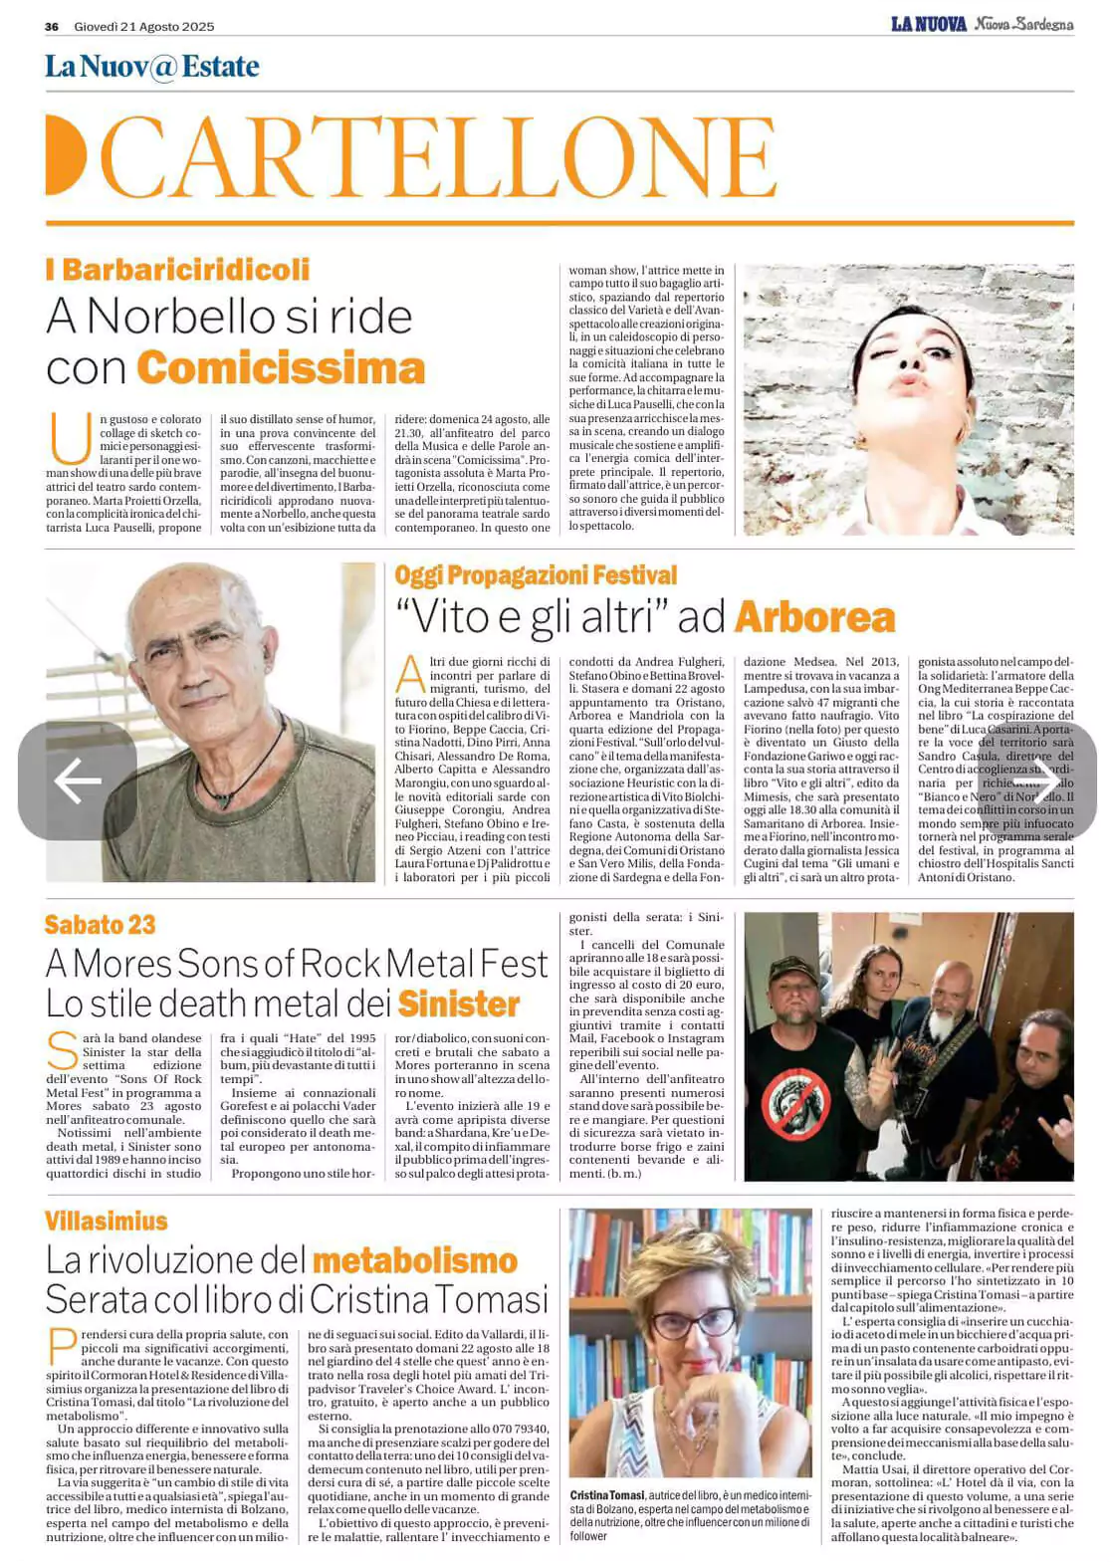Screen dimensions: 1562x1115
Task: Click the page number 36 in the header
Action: point(52,26)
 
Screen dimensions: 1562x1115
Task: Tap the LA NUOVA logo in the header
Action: point(928,24)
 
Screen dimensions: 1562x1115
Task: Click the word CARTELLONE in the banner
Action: point(438,157)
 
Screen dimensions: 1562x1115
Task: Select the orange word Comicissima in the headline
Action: point(281,368)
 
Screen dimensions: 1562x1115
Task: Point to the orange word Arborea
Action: point(814,617)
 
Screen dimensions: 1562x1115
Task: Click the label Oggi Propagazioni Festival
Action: point(535,575)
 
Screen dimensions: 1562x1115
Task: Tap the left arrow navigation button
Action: point(77,781)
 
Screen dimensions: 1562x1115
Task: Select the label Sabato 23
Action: point(100,925)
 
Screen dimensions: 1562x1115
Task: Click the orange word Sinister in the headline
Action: point(459,1004)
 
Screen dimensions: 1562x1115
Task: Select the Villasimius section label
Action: point(106,1221)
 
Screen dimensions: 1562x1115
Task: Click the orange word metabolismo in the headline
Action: point(414,1260)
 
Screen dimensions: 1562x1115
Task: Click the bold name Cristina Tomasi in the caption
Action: point(607,1495)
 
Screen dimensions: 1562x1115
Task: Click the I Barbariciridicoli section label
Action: point(177,270)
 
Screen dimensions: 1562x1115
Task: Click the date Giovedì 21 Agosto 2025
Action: point(143,26)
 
